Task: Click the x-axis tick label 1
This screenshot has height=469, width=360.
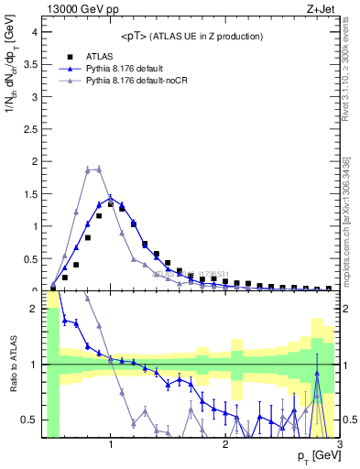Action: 111,444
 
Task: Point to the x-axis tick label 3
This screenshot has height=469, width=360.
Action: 339,444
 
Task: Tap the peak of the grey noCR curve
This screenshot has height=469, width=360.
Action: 99,168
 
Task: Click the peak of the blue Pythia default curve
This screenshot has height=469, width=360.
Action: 110,197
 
